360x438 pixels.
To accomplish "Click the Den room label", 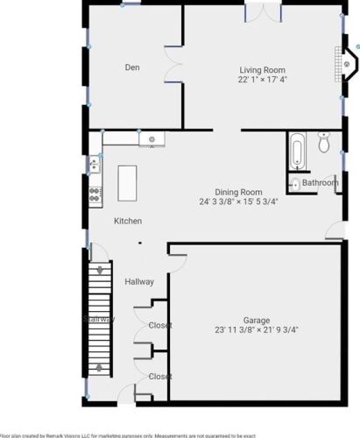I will coord(132,67).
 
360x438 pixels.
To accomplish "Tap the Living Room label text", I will coord(263,69).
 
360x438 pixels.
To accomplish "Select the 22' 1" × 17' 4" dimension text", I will coord(263,79).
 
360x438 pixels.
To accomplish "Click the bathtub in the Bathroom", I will coord(295,150).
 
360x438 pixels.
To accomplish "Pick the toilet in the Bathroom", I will coord(323,142).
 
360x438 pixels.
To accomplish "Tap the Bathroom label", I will coord(320,183).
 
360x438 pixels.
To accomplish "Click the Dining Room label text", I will coord(238,192).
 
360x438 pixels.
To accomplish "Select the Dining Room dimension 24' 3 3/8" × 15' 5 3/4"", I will coord(238,201).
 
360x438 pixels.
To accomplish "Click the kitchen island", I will coord(129,183).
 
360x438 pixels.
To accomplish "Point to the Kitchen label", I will coord(128,222).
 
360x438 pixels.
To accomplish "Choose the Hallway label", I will coord(139,282).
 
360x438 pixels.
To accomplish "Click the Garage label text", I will coord(256,321).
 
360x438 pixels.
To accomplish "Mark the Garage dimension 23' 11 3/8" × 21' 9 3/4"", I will coord(256,330).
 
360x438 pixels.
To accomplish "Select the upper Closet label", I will coord(159,326).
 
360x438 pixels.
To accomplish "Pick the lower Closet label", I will coord(159,377).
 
